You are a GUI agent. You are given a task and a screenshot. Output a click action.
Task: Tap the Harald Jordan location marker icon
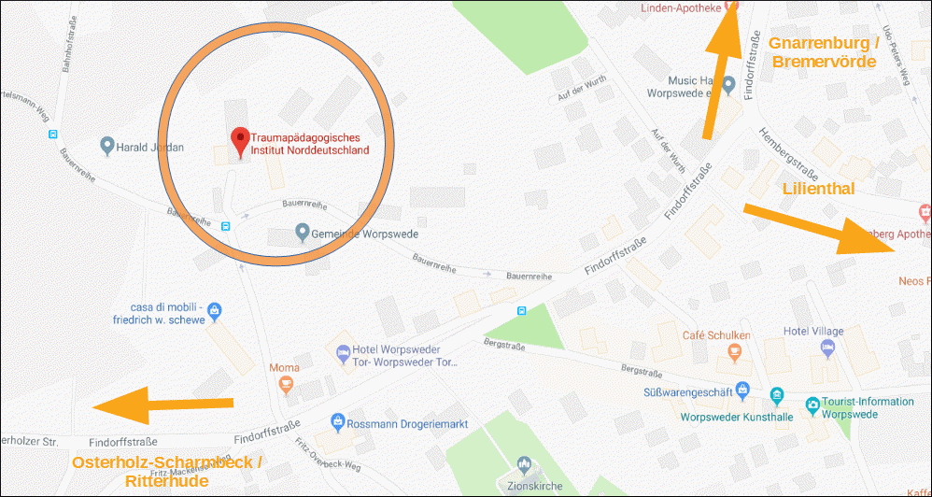107,146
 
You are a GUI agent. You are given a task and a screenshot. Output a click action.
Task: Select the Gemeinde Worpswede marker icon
302,231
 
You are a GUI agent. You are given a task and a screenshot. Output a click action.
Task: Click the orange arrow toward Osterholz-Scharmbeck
162,405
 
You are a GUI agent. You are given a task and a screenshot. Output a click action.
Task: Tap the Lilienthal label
817,189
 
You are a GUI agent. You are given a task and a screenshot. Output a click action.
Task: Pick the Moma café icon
285,384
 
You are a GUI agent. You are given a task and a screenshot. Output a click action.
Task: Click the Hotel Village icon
827,348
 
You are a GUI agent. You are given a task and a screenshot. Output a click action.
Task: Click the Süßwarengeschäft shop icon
742,388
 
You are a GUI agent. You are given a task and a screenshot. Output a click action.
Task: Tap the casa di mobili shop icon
214,309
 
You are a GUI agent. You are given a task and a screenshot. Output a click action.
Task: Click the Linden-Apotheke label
682,7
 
